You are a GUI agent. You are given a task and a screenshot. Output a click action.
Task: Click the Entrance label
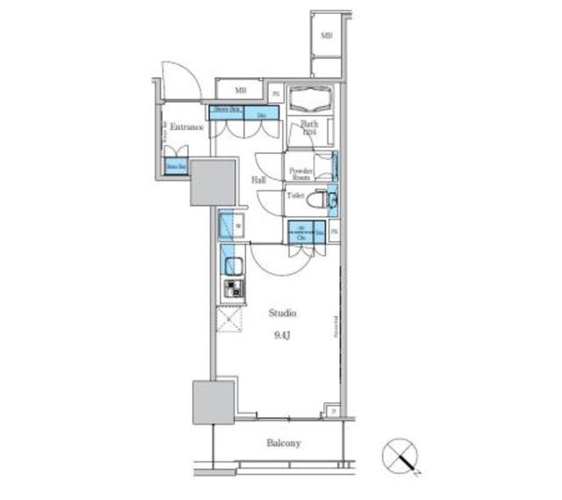[x=186, y=127]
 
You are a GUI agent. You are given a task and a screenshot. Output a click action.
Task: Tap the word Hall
[x=260, y=180]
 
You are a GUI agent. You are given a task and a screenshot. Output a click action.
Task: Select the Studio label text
[x=283, y=313]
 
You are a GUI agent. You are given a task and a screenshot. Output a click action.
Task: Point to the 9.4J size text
[x=283, y=334]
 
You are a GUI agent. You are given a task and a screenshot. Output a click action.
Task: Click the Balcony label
[x=284, y=443]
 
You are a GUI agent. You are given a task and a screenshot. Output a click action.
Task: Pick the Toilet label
[x=296, y=198]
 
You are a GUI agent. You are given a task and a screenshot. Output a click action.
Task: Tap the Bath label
[x=309, y=125]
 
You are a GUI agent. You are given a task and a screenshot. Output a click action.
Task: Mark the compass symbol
[x=401, y=457]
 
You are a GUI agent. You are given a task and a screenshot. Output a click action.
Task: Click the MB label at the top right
[x=326, y=36]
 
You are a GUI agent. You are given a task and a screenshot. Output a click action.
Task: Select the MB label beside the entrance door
[x=239, y=91]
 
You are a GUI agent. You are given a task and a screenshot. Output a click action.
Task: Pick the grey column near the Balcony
[x=213, y=402]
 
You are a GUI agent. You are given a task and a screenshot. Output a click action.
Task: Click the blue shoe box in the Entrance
[x=177, y=165]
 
